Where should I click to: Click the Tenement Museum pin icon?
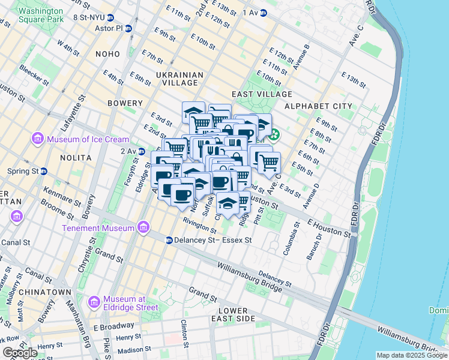pos(143,228)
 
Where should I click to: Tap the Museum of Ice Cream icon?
pos(37,139)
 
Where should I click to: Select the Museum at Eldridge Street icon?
pos(94,303)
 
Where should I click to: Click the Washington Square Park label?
pos(40,15)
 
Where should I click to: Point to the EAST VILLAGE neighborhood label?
pos(262,94)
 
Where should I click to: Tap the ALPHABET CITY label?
pos(318,106)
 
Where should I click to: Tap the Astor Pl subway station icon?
pos(128,28)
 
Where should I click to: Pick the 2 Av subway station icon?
pos(142,151)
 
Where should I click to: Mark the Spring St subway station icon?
pos(44,171)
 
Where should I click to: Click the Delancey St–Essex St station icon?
pos(169,240)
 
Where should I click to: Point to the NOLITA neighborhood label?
pos(76,157)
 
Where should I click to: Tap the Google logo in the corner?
pos(20,353)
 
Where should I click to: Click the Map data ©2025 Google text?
pos(411,355)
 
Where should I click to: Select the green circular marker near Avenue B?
pos(274,134)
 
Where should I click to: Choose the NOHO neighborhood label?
pos(108,54)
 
